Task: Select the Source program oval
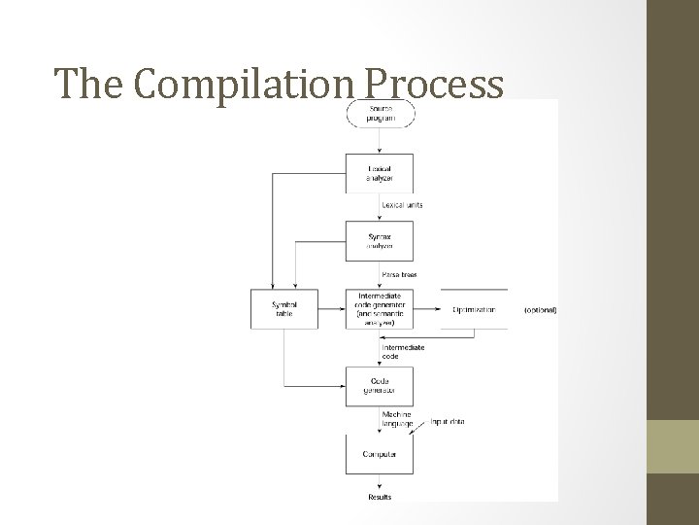click(380, 115)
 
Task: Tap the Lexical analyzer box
click(380, 173)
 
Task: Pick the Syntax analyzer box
click(380, 240)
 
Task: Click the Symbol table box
click(284, 308)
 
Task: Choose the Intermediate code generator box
click(380, 308)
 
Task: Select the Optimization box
click(474, 309)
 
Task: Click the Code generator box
click(380, 386)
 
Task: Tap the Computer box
click(380, 454)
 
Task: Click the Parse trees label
click(399, 274)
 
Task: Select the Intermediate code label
click(402, 351)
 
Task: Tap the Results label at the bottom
click(380, 498)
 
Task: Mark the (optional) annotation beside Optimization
click(540, 309)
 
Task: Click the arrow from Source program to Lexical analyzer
click(380, 140)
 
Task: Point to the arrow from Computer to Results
click(380, 483)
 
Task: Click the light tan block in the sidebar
click(673, 447)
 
